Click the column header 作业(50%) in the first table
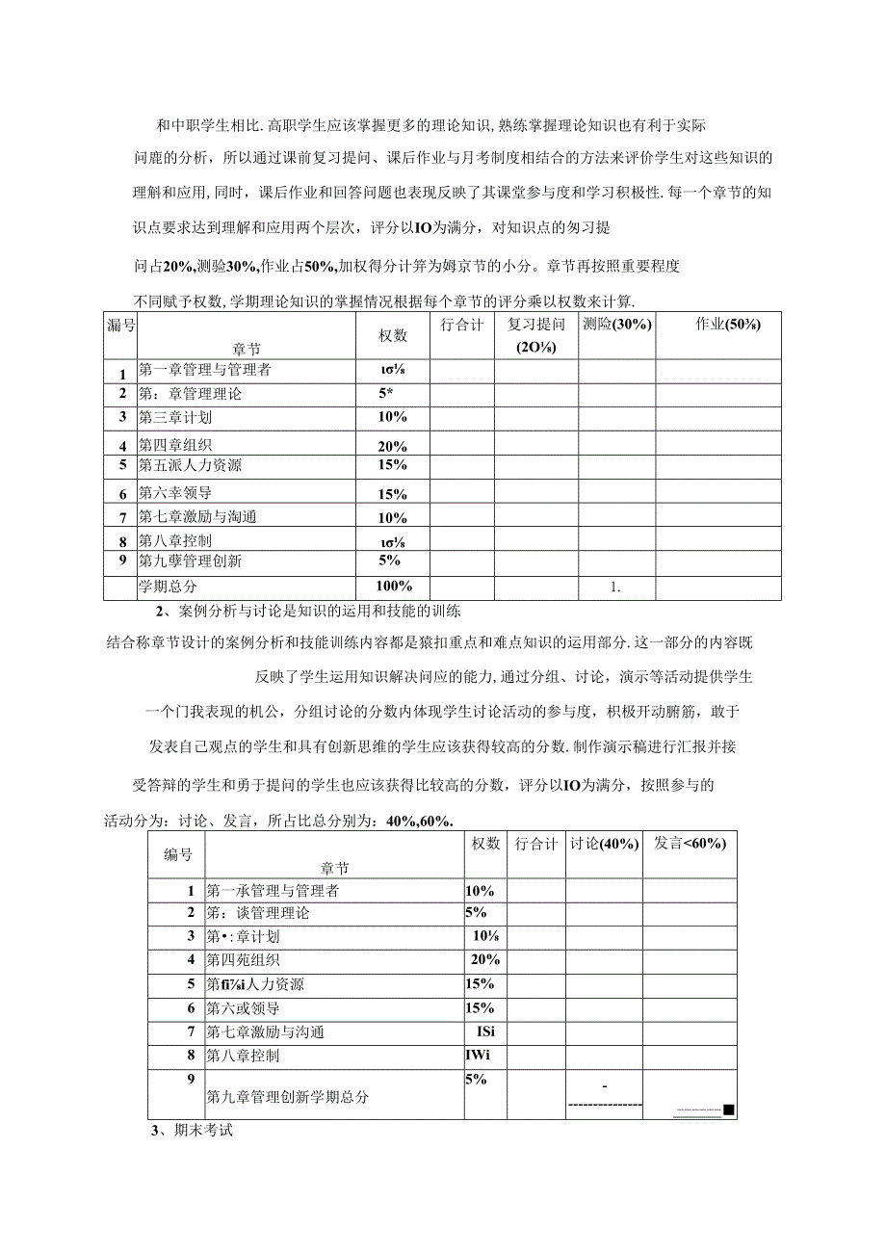pos(727,325)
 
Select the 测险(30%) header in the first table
pos(617,325)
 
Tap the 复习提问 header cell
pos(536,325)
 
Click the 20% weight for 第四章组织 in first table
pos(393,446)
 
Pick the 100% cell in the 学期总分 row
pos(393,586)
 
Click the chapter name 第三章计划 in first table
pos(175,417)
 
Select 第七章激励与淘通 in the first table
pos(197,516)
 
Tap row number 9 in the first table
pos(122,561)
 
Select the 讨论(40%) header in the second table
pos(604,843)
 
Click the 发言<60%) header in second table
pos(690,843)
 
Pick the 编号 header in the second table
pos(177,853)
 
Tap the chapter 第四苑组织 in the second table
pos(244,960)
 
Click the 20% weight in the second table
pos(484,959)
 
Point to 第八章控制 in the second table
pos(243,1056)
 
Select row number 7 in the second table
pos(191,1031)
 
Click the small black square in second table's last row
pos(729,1109)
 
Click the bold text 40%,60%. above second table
pos(419,820)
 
